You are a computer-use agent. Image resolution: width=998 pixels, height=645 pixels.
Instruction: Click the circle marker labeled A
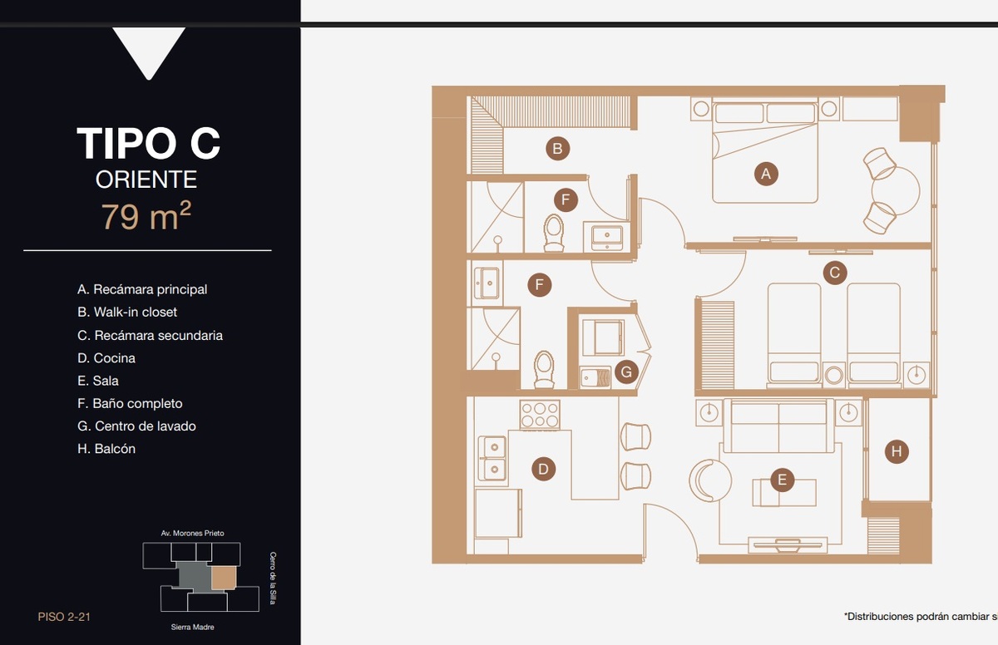pyautogui.click(x=766, y=174)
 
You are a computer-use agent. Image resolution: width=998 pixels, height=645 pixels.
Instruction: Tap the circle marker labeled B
pyautogui.click(x=557, y=148)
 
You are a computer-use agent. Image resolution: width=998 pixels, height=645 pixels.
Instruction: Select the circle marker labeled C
pyautogui.click(x=834, y=273)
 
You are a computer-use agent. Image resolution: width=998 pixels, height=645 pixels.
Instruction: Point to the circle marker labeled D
pyautogui.click(x=543, y=469)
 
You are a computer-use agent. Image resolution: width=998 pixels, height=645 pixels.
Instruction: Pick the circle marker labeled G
pyautogui.click(x=626, y=372)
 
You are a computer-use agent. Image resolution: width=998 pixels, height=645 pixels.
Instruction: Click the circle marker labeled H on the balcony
pyautogui.click(x=897, y=451)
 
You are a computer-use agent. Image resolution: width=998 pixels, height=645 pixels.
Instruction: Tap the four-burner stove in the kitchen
pyautogui.click(x=540, y=415)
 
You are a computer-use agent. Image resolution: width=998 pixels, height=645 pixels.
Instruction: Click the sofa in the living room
pyautogui.click(x=778, y=426)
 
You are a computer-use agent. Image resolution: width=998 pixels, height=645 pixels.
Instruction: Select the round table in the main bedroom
pyautogui.click(x=896, y=191)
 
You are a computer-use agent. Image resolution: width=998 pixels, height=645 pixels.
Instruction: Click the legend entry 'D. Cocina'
pyautogui.click(x=106, y=358)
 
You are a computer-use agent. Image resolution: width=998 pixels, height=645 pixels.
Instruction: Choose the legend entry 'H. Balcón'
pyautogui.click(x=106, y=448)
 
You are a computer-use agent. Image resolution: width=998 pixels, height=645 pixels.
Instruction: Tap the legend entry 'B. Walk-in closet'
pyautogui.click(x=127, y=312)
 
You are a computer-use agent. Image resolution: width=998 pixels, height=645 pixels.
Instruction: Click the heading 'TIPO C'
pyautogui.click(x=148, y=143)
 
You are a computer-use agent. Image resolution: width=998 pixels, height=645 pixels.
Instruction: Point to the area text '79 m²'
pyautogui.click(x=146, y=216)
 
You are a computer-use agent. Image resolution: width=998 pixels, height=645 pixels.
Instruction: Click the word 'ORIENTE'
pyautogui.click(x=146, y=180)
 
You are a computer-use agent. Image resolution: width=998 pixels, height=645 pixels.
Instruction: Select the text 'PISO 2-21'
pyautogui.click(x=64, y=617)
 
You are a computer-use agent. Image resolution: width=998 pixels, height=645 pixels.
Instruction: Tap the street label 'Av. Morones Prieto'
pyautogui.click(x=192, y=533)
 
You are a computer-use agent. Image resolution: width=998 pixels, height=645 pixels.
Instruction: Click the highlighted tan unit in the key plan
pyautogui.click(x=223, y=579)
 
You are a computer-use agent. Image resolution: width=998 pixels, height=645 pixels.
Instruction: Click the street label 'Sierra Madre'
pyautogui.click(x=192, y=627)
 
